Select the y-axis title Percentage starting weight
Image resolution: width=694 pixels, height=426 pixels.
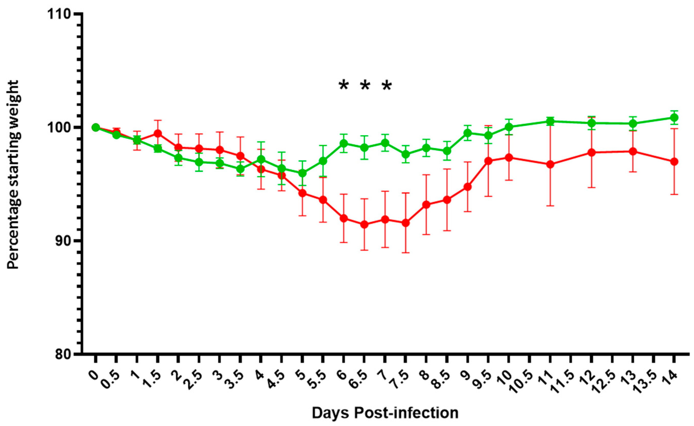click(x=13, y=175)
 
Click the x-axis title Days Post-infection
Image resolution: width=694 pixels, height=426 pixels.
click(x=385, y=413)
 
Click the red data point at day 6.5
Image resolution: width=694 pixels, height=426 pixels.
click(x=364, y=224)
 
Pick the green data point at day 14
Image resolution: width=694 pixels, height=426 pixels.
click(x=674, y=118)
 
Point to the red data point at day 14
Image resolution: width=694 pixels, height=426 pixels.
click(x=674, y=162)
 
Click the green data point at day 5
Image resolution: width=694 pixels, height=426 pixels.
click(x=302, y=173)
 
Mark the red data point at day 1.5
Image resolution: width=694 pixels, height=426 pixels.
click(x=158, y=133)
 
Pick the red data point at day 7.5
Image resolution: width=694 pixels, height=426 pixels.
click(x=405, y=223)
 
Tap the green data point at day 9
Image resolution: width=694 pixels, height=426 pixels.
click(x=468, y=133)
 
